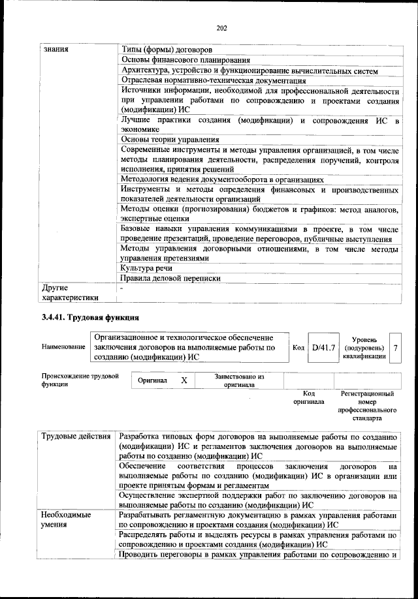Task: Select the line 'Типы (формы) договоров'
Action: (x=166, y=50)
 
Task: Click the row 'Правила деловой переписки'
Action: (x=170, y=278)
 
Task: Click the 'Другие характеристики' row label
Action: (x=69, y=292)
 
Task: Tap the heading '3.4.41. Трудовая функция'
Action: (x=91, y=318)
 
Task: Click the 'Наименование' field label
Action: (x=63, y=346)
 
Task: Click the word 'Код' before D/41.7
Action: (x=298, y=347)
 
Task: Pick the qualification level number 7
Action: (x=396, y=347)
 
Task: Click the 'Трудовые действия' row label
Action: (x=75, y=436)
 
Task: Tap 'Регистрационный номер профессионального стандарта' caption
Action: (x=367, y=407)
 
